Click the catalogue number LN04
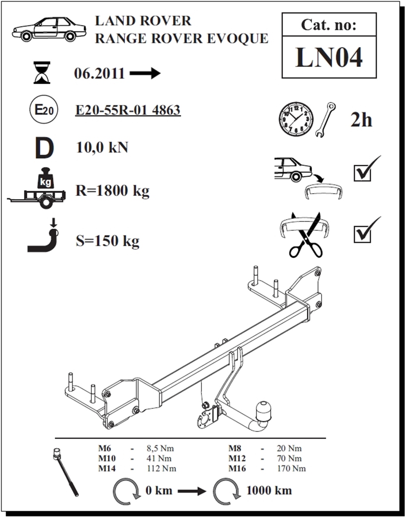[x=328, y=57]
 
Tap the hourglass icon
[x=42, y=73]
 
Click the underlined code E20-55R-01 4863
[x=128, y=110]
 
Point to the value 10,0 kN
[x=102, y=147]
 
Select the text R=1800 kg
[x=112, y=190]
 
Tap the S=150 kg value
[x=108, y=241]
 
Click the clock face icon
[x=296, y=118]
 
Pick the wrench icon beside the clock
[x=325, y=120]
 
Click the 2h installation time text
[x=361, y=120]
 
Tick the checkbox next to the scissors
[x=362, y=234]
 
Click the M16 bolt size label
[x=237, y=469]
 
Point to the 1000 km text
[x=269, y=490]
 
